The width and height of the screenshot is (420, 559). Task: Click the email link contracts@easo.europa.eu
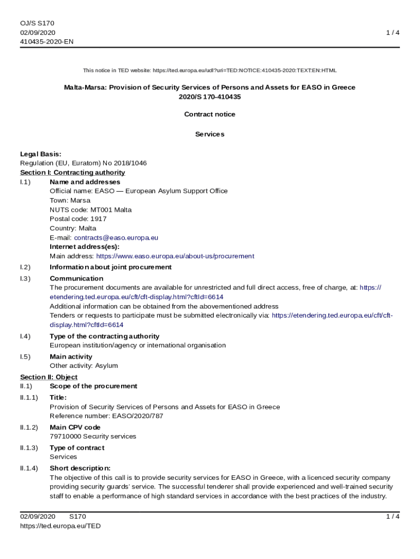[x=116, y=237]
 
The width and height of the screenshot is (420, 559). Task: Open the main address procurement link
[x=175, y=256]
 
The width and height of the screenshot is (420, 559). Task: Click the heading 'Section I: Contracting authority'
[x=73, y=173]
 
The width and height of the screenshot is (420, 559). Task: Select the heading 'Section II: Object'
[x=49, y=377]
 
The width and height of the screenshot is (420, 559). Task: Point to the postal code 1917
[x=99, y=219]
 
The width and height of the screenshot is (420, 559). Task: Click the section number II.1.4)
[x=29, y=468]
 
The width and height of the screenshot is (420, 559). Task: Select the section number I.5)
[x=26, y=356]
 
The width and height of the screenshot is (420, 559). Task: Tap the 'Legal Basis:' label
[x=41, y=154]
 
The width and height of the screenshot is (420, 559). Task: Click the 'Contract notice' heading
[x=210, y=114]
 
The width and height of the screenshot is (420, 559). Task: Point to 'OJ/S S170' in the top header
[x=37, y=23]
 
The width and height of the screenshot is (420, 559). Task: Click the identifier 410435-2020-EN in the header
[x=47, y=41]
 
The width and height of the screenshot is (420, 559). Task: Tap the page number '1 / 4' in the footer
[x=393, y=516]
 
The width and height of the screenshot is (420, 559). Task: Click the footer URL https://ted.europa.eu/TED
[x=61, y=526]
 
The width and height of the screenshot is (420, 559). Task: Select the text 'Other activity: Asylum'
[x=83, y=366]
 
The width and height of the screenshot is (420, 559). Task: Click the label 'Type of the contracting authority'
[x=104, y=336]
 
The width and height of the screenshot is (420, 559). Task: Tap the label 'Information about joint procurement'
[x=111, y=267]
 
